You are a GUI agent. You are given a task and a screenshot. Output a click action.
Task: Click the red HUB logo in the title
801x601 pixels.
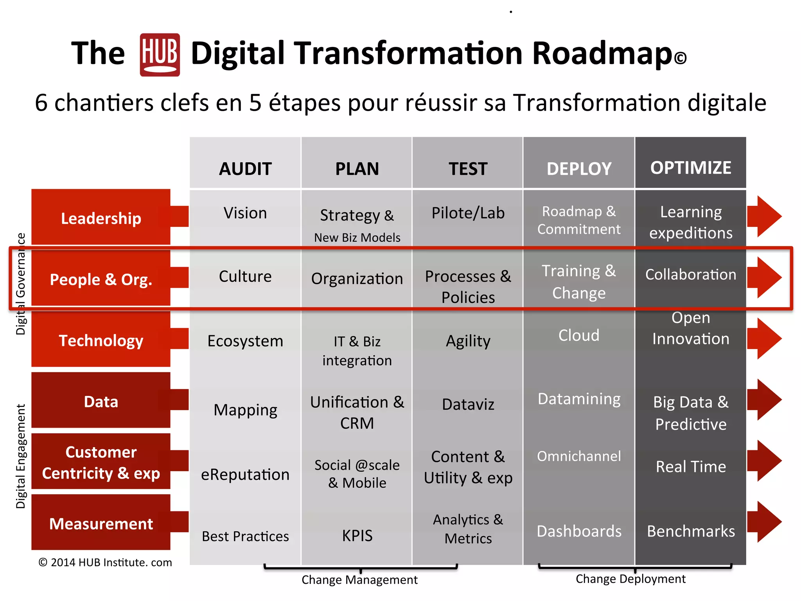(160, 55)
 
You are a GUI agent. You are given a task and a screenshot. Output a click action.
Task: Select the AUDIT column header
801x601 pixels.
(245, 169)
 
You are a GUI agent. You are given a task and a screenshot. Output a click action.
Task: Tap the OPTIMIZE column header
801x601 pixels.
(691, 168)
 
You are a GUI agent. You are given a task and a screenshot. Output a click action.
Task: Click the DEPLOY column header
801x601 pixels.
(579, 169)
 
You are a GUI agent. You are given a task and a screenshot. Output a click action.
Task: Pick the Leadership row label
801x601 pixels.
(101, 218)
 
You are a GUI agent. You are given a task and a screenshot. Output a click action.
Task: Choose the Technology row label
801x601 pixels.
(101, 340)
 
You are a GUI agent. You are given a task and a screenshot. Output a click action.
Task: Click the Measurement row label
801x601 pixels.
(101, 524)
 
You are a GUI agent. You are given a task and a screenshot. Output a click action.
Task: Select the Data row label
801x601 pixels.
(101, 401)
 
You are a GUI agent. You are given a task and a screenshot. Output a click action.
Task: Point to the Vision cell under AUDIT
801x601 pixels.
(245, 213)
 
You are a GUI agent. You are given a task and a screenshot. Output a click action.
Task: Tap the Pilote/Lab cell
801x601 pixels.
(468, 213)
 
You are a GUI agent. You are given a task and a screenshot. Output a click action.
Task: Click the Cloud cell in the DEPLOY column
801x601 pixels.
(579, 335)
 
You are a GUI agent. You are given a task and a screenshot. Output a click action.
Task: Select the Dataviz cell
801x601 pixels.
(468, 404)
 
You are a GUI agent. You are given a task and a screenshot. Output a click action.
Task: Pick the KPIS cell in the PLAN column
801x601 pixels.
(357, 535)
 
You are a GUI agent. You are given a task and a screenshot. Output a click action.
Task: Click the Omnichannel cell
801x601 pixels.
(579, 456)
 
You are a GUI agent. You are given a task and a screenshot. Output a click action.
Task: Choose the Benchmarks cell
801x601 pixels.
(691, 531)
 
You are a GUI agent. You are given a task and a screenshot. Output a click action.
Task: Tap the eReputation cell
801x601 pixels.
(245, 475)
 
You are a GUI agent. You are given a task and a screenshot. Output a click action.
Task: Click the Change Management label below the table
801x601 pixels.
(359, 579)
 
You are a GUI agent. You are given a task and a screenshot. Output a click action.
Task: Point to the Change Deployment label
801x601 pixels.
(630, 579)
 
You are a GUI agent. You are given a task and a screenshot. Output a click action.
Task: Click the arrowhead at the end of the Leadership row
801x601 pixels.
(767, 216)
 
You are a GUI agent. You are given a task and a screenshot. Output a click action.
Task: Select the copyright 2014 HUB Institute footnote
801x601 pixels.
(105, 562)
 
